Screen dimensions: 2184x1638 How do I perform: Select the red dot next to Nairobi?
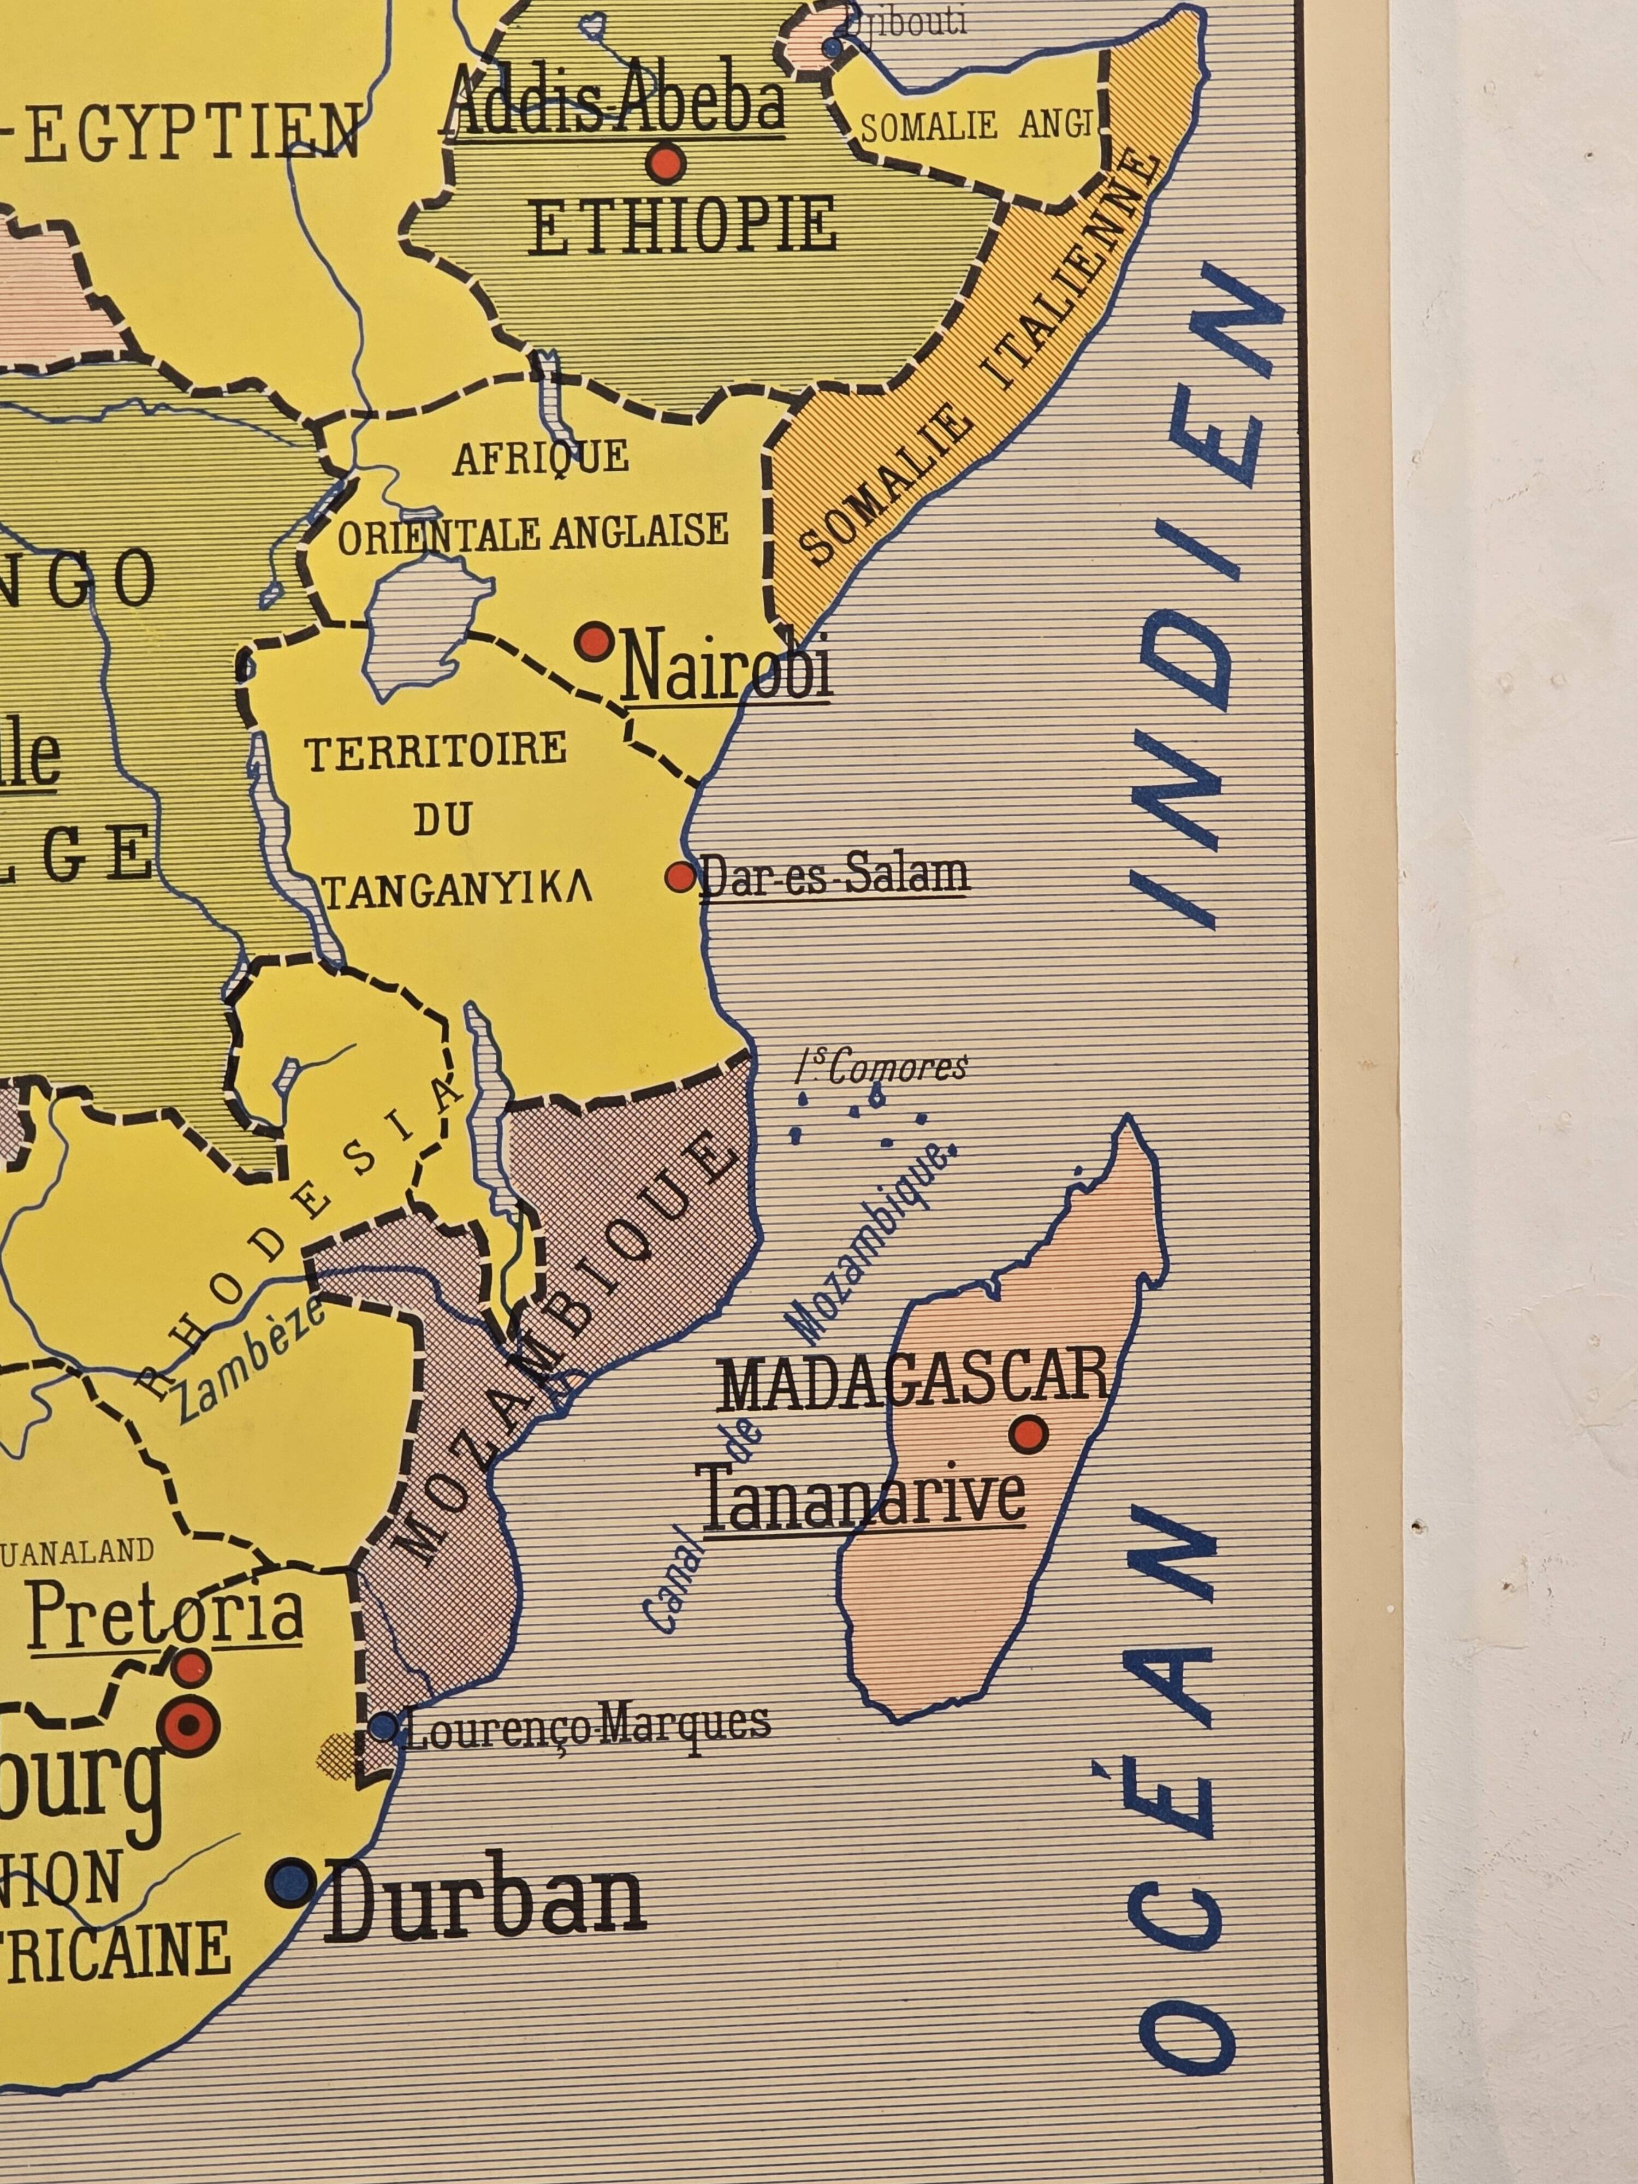(x=595, y=641)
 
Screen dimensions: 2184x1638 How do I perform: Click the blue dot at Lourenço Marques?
(x=383, y=1728)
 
